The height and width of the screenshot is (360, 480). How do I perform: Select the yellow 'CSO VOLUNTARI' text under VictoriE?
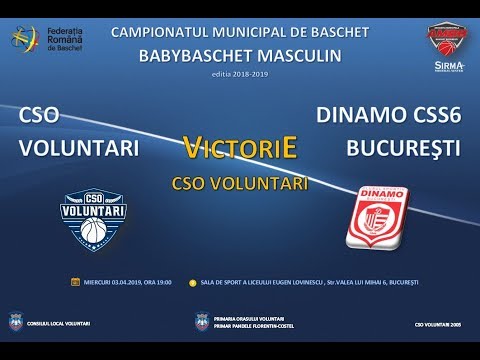pyautogui.click(x=240, y=184)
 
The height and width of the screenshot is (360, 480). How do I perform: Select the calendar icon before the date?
pyautogui.click(x=75, y=282)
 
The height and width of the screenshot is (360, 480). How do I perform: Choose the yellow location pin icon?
pyautogui.click(x=191, y=282)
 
